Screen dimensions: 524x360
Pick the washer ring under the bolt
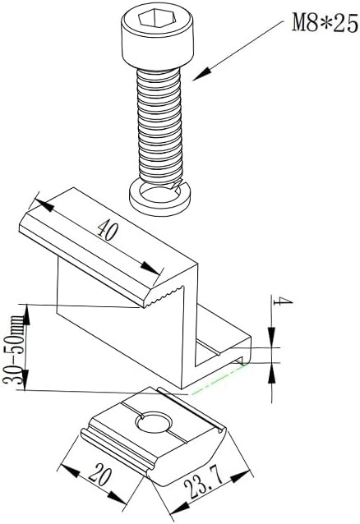coord(160,195)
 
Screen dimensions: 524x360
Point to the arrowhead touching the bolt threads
coord(197,77)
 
